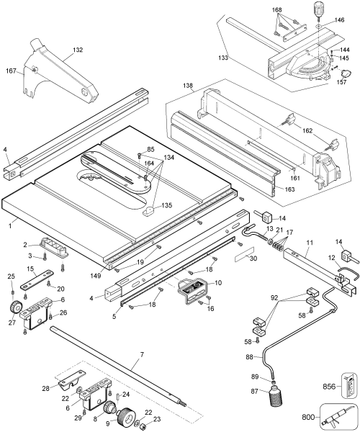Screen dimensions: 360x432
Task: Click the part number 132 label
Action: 78,50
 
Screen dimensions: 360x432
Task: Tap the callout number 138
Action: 188,86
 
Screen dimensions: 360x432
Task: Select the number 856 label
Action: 329,387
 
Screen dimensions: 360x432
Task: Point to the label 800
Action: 308,418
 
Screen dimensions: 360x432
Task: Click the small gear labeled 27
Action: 15,307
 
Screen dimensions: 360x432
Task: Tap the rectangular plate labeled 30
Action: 245,256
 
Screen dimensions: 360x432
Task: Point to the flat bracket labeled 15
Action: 37,279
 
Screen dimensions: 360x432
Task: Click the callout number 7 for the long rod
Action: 142,354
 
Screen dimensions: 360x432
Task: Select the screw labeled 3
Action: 45,257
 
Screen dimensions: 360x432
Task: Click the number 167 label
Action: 11,71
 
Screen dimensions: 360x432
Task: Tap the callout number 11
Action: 310,243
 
